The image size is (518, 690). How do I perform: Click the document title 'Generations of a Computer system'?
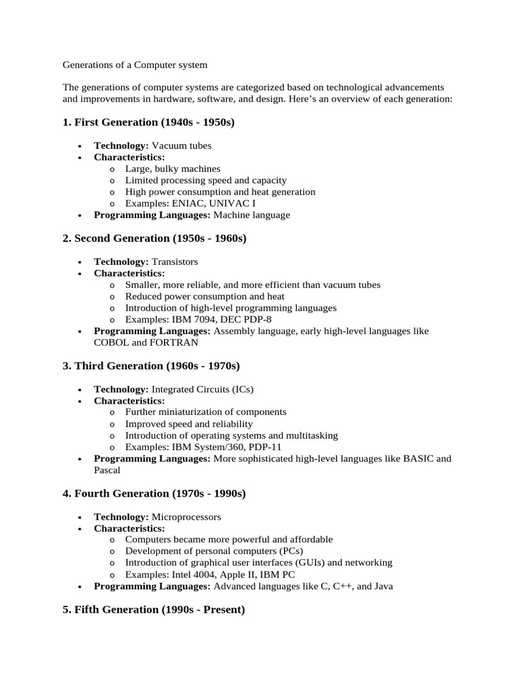click(x=135, y=65)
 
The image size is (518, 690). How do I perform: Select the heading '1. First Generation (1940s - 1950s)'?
click(x=148, y=122)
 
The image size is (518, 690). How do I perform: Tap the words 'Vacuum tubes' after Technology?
click(x=181, y=145)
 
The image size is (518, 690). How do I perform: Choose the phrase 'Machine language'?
click(x=252, y=215)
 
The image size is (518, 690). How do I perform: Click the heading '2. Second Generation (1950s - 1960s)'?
click(x=154, y=238)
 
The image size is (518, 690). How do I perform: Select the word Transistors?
click(x=175, y=261)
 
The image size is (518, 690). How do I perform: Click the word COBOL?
click(x=111, y=342)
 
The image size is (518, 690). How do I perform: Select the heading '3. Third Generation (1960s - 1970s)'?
click(x=151, y=366)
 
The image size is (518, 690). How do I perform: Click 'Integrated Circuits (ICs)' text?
click(x=202, y=389)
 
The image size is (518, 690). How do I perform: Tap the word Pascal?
click(x=107, y=470)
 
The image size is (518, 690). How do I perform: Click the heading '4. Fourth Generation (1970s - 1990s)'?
click(x=154, y=493)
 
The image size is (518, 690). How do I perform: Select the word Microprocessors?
click(x=186, y=517)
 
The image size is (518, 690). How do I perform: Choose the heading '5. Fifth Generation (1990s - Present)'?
click(x=154, y=610)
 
